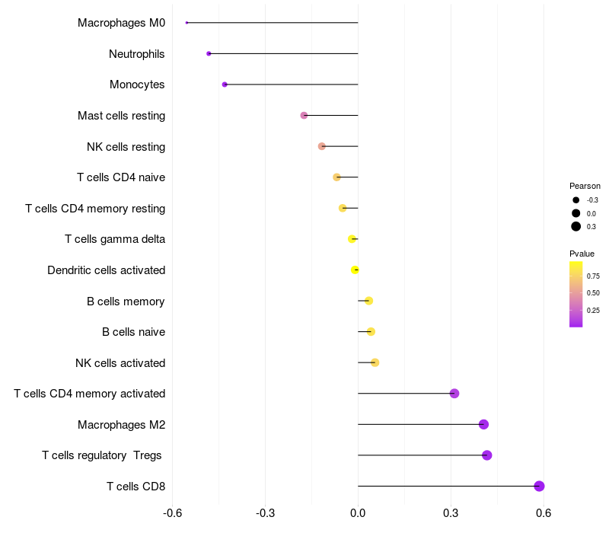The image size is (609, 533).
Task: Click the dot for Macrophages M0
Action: point(187,23)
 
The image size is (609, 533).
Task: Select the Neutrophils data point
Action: point(209,53)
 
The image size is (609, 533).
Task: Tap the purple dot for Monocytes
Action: point(225,85)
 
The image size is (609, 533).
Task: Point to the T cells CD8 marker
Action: point(539,486)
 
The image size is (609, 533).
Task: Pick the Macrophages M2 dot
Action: point(483,424)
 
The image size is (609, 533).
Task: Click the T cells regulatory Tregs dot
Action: point(487,455)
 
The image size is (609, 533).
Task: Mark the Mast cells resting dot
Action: point(304,115)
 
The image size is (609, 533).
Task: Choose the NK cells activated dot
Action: point(375,362)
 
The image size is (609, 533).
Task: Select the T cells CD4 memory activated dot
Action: point(454,394)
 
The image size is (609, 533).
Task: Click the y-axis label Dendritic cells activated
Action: point(106,270)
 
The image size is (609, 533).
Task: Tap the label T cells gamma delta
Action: point(115,239)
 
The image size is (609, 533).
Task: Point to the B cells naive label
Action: point(133,332)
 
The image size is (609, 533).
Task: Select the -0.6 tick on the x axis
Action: point(173,513)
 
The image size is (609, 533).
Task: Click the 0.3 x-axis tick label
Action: point(451,513)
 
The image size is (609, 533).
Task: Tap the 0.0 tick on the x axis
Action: point(358,513)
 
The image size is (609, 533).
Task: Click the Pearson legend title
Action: point(585,186)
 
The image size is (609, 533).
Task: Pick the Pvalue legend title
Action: point(582,254)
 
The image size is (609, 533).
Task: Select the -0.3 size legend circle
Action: point(576,200)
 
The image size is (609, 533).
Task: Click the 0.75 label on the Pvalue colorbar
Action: point(593,276)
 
